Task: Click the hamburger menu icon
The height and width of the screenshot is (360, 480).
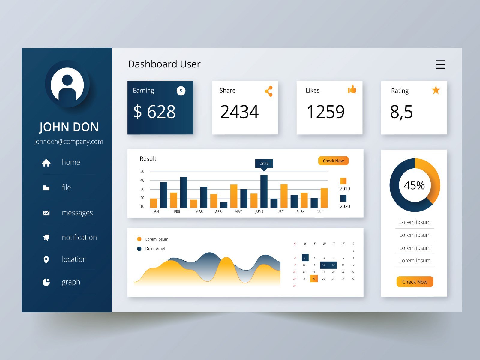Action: point(440,64)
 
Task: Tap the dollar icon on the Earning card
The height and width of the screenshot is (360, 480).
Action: point(181,91)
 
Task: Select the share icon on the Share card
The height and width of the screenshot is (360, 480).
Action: point(269,91)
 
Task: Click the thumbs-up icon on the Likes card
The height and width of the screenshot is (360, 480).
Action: point(352,89)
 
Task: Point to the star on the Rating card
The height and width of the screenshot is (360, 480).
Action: point(436,90)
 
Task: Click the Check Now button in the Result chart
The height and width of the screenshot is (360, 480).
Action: point(333,161)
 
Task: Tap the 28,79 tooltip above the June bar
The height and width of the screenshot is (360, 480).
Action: point(264,163)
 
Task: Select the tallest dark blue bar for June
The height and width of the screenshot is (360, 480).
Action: point(264,191)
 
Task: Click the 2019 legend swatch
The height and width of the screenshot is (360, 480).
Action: point(343,181)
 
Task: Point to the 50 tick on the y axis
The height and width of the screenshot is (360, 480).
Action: point(142,171)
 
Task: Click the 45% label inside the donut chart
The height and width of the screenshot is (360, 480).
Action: point(414,185)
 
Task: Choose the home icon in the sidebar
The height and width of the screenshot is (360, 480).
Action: point(46,163)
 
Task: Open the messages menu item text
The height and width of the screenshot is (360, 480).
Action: point(77,213)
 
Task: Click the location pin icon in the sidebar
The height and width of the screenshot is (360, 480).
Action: point(46,259)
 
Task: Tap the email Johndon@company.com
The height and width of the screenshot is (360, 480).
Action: point(68,142)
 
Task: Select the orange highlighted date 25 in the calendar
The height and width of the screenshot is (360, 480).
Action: point(314,279)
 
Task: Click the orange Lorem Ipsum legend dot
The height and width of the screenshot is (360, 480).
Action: point(139,239)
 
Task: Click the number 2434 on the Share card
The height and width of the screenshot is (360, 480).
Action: point(239,112)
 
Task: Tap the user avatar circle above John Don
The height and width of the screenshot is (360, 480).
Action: point(67,84)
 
